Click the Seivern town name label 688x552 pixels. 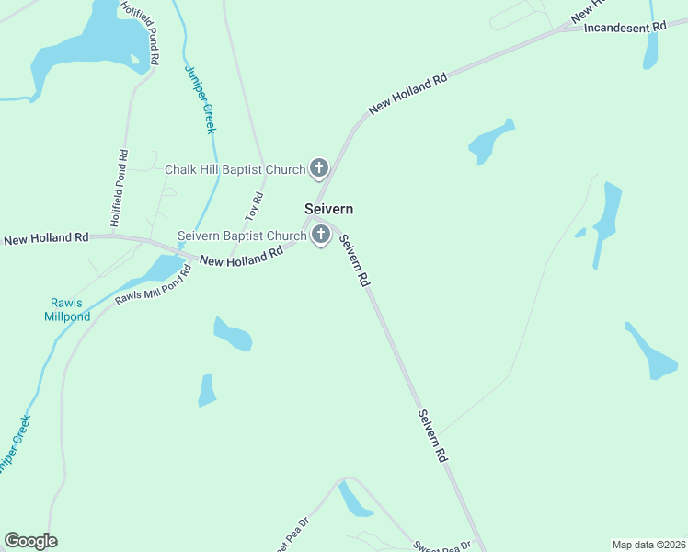[328, 210]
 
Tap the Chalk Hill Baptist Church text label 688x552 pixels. [234, 169]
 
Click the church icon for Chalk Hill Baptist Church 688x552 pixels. [319, 167]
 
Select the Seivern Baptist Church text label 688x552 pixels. [241, 236]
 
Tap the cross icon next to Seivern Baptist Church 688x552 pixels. [321, 236]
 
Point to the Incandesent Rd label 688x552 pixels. [625, 28]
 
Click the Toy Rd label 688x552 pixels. [255, 206]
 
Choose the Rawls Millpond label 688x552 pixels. [67, 310]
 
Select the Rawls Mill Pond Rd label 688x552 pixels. [153, 285]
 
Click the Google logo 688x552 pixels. [30, 541]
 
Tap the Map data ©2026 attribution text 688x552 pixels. [648, 545]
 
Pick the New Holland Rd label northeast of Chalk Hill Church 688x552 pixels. [407, 94]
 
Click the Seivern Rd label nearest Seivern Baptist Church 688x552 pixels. [354, 260]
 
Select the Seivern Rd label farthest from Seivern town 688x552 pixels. [432, 435]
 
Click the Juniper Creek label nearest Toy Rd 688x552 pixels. [200, 99]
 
